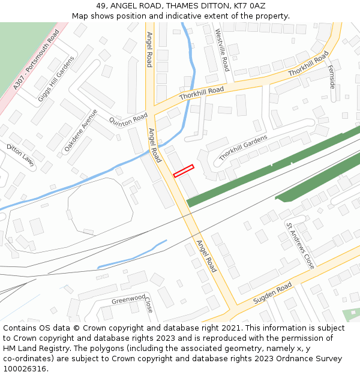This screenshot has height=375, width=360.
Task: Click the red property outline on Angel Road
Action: tap(184, 171)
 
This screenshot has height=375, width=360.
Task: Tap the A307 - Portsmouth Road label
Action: tap(37, 59)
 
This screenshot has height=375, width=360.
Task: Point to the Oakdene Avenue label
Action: tap(81, 129)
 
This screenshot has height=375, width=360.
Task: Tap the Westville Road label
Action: tap(222, 50)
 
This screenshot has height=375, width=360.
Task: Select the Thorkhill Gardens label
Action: tap(243, 148)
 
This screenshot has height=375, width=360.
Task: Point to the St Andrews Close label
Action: tap(300, 245)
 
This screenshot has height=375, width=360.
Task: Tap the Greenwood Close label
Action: tap(133, 299)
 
